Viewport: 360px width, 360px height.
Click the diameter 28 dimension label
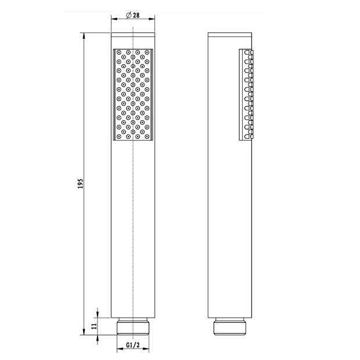(133, 15)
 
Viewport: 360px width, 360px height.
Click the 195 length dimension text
(80, 183)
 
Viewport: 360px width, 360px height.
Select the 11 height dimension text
(94, 326)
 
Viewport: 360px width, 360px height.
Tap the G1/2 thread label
(133, 345)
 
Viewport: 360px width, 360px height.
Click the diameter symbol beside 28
(128, 15)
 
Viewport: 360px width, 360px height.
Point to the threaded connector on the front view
(133, 326)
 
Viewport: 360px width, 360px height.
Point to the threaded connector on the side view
(230, 326)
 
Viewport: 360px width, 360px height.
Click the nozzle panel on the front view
(133, 95)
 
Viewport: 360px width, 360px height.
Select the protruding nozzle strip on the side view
(246, 95)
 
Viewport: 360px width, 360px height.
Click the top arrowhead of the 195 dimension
(84, 35)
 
